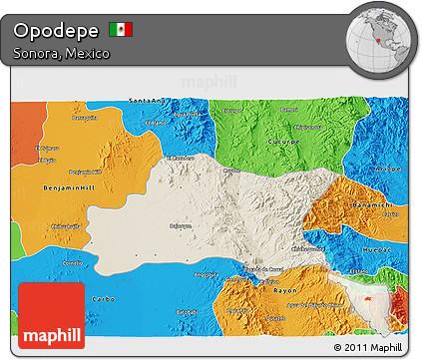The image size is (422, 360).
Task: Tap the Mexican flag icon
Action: pyautogui.click(x=121, y=29)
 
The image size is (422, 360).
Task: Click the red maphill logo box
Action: pyautogui.click(x=51, y=314)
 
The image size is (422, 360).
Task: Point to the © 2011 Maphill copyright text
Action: pyautogui.click(x=371, y=347)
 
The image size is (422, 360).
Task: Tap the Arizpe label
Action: pyautogui.click(x=390, y=170)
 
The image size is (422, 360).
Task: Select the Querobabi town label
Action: pyautogui.click(x=180, y=226)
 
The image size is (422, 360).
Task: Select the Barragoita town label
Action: pyautogui.click(x=84, y=116)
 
